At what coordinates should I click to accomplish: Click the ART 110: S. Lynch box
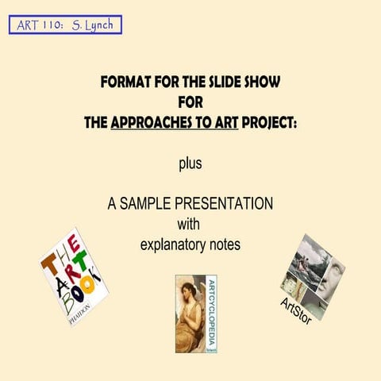(x=65, y=24)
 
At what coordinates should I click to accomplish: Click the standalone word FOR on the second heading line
(x=190, y=102)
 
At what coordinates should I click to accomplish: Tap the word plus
(x=190, y=164)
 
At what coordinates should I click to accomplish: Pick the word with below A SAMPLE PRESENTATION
(x=190, y=223)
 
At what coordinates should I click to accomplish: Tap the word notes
(x=224, y=244)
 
